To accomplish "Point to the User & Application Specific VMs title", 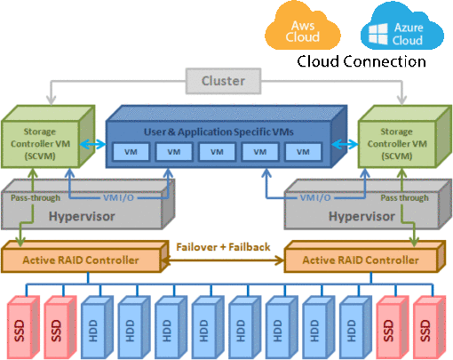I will click(x=223, y=132).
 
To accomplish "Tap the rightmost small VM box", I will click(x=304, y=152).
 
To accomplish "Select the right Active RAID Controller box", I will click(x=361, y=260).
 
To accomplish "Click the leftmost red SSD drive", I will click(x=19, y=321).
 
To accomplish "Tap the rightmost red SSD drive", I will click(x=425, y=321).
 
